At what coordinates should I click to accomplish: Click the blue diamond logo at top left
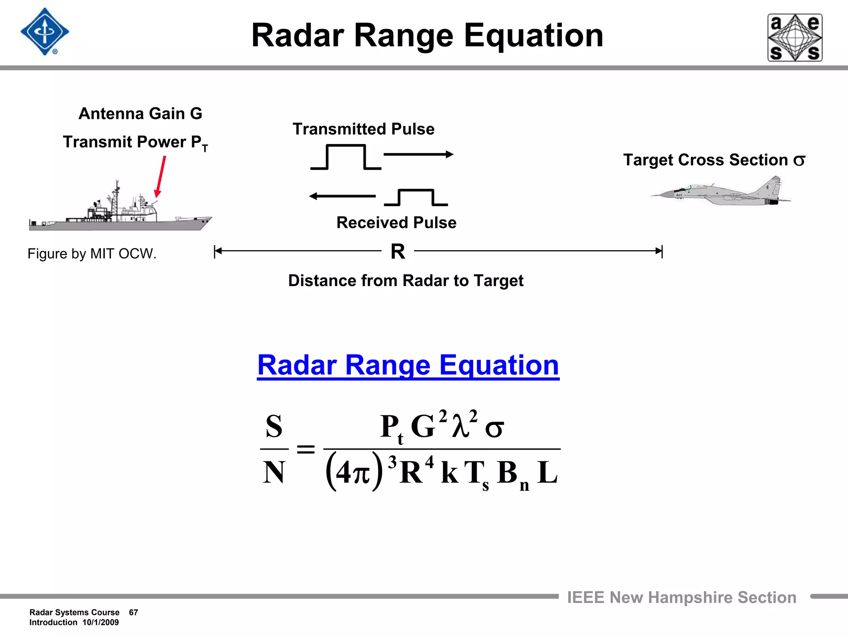[45, 32]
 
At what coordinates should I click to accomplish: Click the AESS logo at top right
[795, 38]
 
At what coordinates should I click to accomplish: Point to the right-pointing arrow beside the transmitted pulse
[418, 154]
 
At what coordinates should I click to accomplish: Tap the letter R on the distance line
[398, 251]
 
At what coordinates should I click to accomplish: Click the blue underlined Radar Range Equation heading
[408, 365]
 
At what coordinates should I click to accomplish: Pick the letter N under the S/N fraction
[274, 472]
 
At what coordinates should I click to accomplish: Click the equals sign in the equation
[306, 449]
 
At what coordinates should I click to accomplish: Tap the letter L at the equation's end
[547, 472]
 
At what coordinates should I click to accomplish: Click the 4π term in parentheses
[353, 472]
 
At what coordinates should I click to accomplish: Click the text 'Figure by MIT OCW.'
[92, 253]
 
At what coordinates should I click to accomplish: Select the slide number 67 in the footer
[133, 612]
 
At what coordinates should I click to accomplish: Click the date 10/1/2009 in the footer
[101, 622]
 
